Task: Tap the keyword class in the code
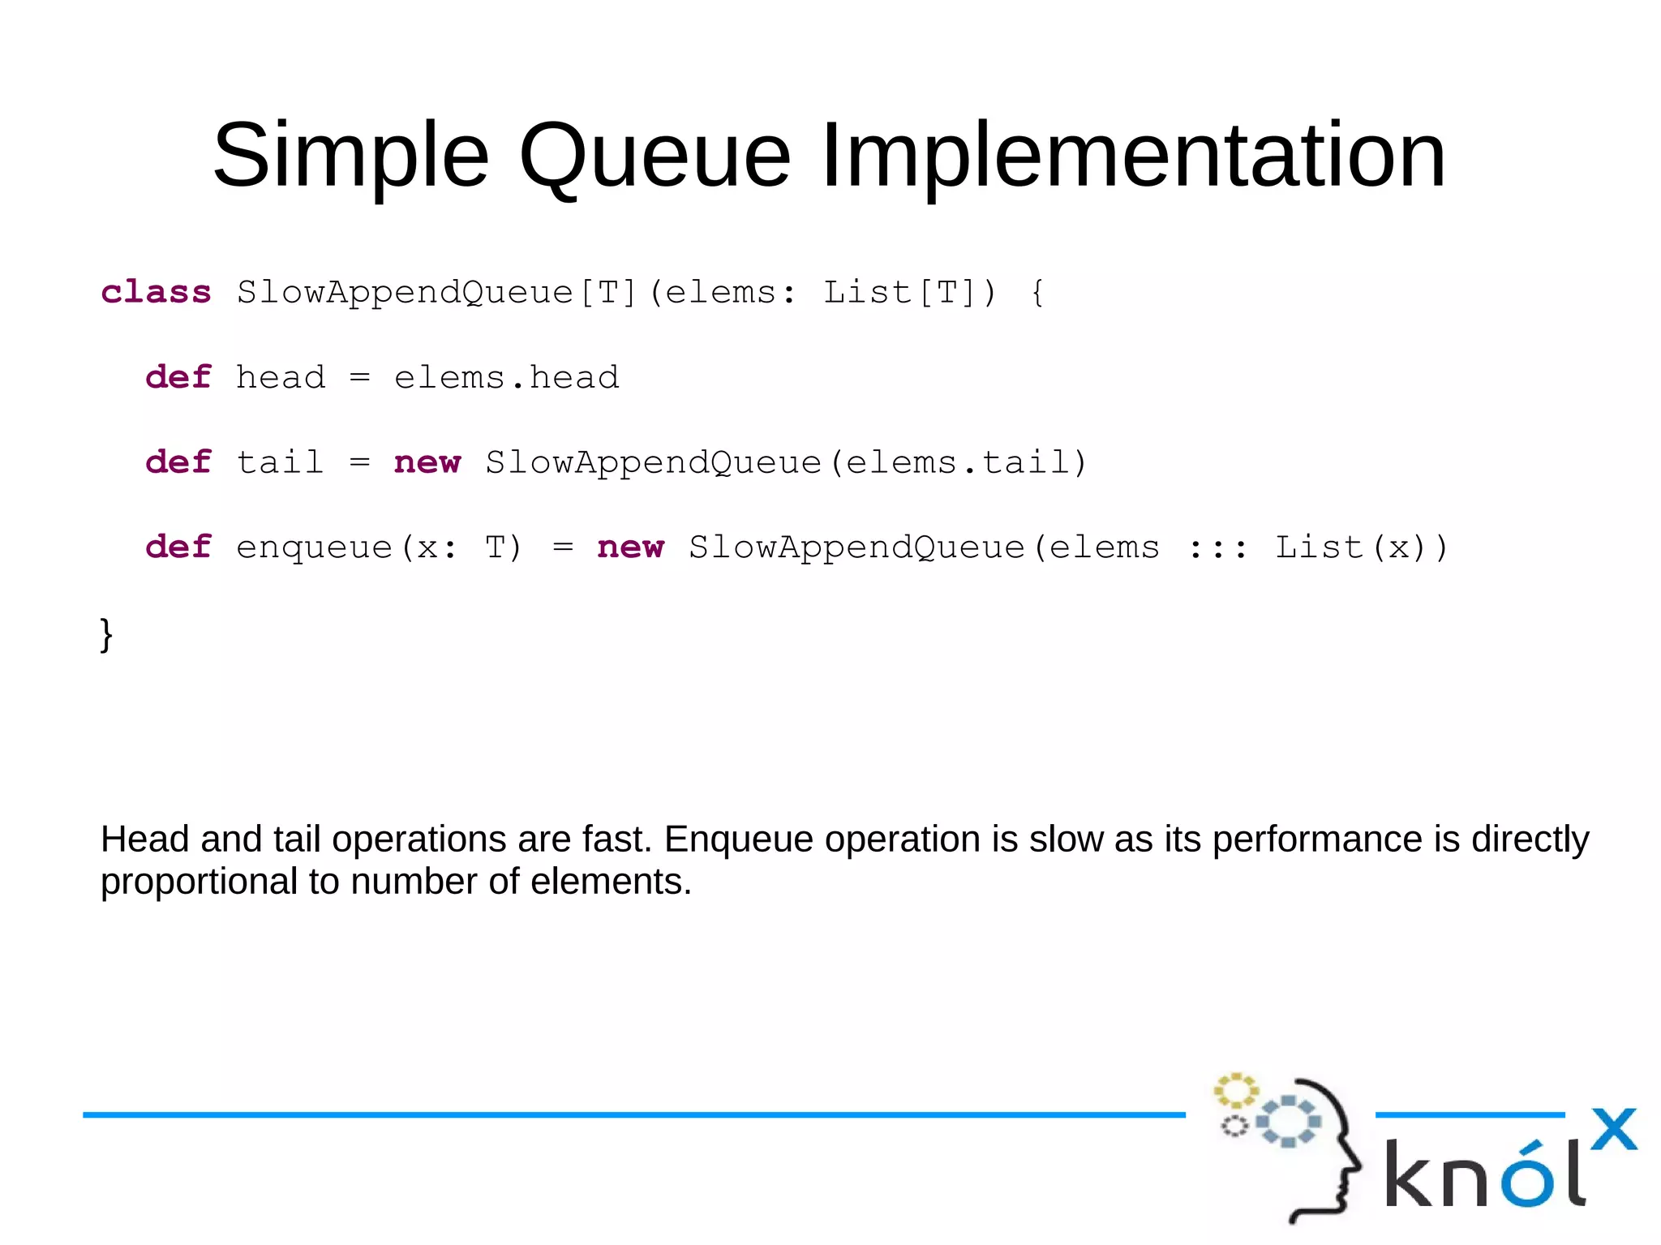pyautogui.click(x=156, y=292)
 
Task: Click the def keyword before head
pyautogui.click(x=178, y=377)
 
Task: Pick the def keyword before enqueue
pyautogui.click(x=178, y=547)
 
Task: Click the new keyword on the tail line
pyautogui.click(x=427, y=462)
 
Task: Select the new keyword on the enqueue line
pyautogui.click(x=630, y=547)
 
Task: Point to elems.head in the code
pyautogui.click(x=506, y=377)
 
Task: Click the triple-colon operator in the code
pyautogui.click(x=1217, y=548)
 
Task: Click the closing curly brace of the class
pyautogui.click(x=106, y=633)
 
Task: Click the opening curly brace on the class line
pyautogui.click(x=1037, y=292)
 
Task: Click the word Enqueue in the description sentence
pyautogui.click(x=738, y=839)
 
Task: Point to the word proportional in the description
pyautogui.click(x=199, y=882)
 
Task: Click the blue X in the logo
pyautogui.click(x=1613, y=1129)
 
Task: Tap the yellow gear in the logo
pyautogui.click(x=1234, y=1091)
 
